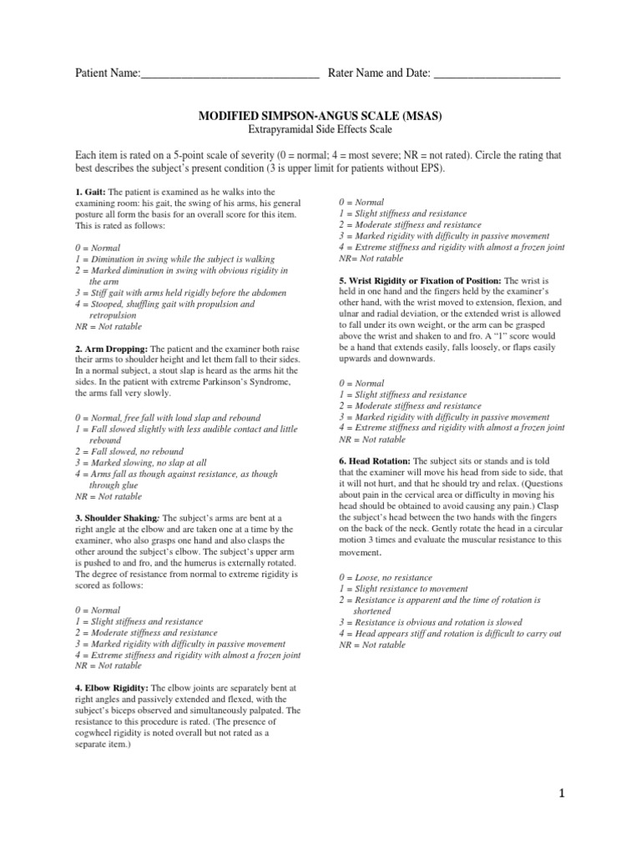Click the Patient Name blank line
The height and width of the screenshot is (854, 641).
(x=230, y=75)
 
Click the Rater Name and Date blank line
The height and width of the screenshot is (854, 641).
(x=497, y=75)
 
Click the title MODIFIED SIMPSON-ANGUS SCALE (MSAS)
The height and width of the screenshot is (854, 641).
(x=320, y=117)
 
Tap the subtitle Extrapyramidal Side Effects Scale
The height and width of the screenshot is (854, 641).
(x=320, y=131)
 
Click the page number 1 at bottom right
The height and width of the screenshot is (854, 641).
(x=564, y=795)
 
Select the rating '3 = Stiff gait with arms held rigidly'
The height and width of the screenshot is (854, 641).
(x=180, y=293)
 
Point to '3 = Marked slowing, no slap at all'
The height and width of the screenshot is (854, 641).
(x=153, y=462)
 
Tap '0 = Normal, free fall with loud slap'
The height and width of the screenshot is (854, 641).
(x=168, y=417)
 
